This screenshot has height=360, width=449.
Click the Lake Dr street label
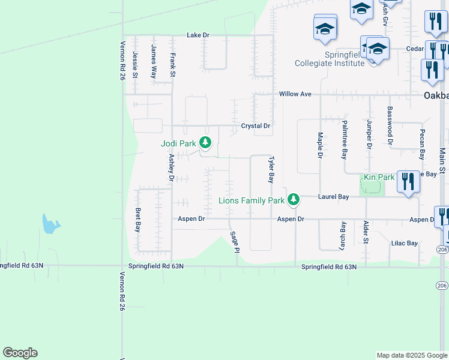coord(197,35)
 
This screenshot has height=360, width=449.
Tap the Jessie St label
coord(135,64)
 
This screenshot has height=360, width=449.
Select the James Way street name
coord(154,62)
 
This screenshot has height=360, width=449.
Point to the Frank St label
coord(173,65)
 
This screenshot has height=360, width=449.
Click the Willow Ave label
coord(295,94)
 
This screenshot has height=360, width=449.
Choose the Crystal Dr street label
coord(256,126)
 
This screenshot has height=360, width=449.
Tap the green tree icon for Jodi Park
coord(206,142)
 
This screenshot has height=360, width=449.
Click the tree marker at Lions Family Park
coord(293,199)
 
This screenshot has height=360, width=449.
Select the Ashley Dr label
coord(171,167)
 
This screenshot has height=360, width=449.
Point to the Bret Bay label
coord(138,220)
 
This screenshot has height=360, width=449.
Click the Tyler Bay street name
coord(271,170)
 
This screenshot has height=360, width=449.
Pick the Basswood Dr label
coord(390,126)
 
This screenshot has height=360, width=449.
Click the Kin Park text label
coord(379,178)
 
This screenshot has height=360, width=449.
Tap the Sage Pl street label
coord(234,241)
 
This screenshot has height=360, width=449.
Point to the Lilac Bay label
coord(404,243)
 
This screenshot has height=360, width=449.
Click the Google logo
coord(20,353)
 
